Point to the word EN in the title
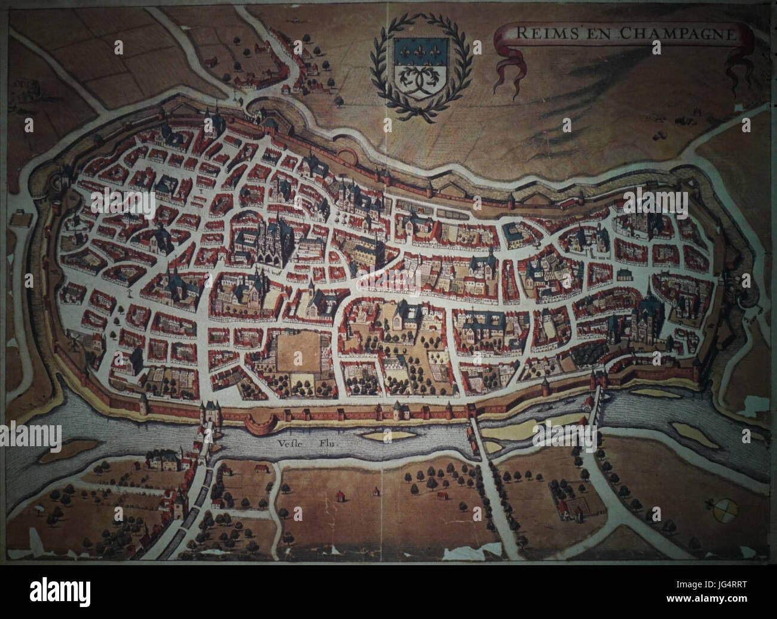[594, 34]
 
